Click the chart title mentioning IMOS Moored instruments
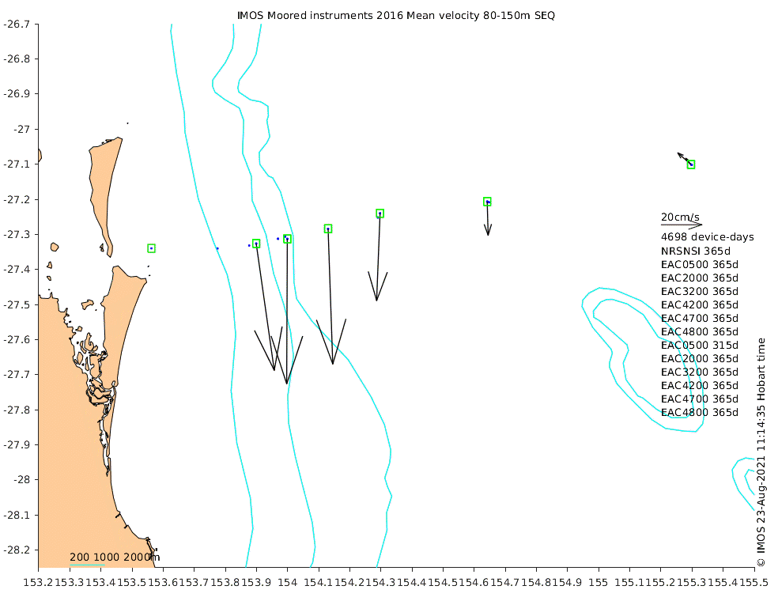click(396, 15)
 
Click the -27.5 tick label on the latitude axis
click(17, 304)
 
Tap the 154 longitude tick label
click(287, 582)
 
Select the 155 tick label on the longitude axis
click(598, 582)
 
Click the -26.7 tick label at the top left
click(17, 24)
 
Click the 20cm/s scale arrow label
click(680, 217)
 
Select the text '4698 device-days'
click(708, 237)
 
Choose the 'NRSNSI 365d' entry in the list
click(696, 251)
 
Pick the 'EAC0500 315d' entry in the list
click(700, 345)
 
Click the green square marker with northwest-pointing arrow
click(691, 164)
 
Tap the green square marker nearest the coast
click(151, 248)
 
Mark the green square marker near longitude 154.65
click(487, 202)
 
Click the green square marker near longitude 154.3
click(380, 214)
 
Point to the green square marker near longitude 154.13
click(328, 229)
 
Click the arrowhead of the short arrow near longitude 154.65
click(489, 235)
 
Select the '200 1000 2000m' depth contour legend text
click(115, 558)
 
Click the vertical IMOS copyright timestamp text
click(761, 452)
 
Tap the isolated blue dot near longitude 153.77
click(217, 248)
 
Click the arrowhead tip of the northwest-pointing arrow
click(678, 153)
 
